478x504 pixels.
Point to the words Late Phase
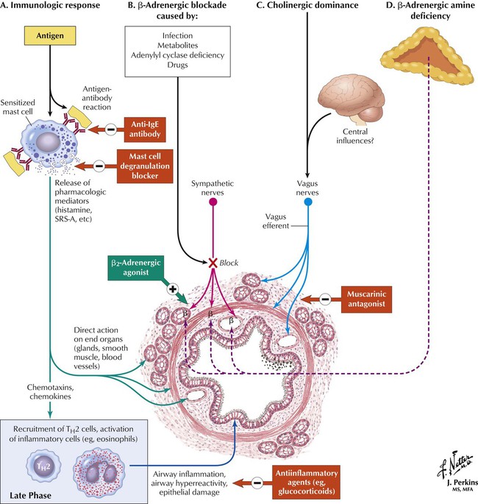[29, 493]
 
